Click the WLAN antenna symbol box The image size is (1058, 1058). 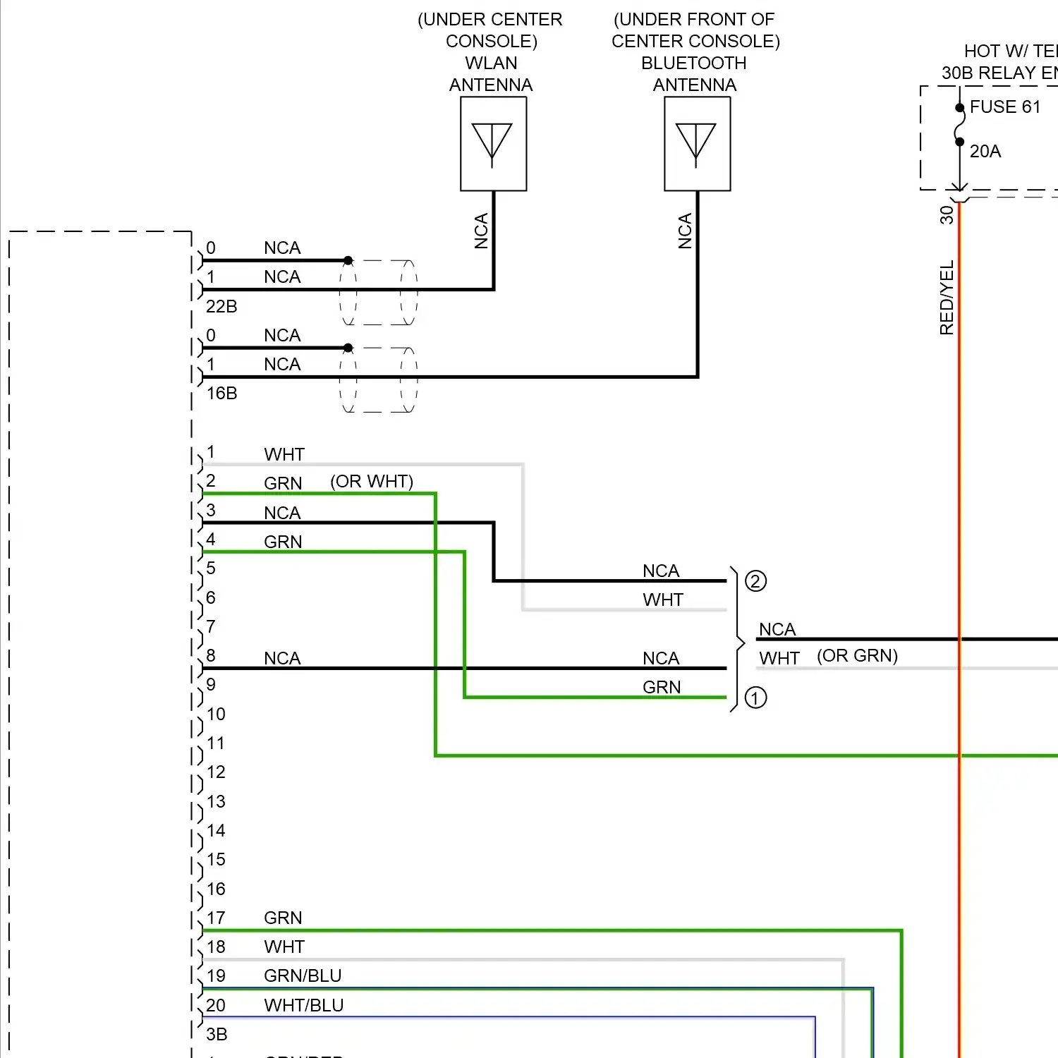(x=493, y=144)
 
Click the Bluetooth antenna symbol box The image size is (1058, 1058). (x=697, y=144)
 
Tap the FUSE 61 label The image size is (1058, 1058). (x=1004, y=107)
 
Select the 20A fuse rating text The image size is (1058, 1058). (x=985, y=152)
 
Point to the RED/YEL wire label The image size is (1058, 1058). (x=947, y=298)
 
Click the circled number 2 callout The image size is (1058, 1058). (x=755, y=581)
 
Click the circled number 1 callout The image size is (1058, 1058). (x=755, y=698)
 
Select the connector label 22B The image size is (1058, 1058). (x=221, y=307)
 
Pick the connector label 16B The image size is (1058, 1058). (x=221, y=394)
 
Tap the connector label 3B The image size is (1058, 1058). (x=217, y=1035)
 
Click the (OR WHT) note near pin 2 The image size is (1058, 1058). (x=372, y=482)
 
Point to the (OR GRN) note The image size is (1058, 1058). (x=857, y=656)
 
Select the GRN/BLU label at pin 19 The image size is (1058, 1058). (x=303, y=976)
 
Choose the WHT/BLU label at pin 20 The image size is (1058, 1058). (x=303, y=1006)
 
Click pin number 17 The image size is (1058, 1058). (x=216, y=918)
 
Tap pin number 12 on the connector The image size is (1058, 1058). (x=216, y=772)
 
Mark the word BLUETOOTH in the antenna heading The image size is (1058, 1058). (x=693, y=63)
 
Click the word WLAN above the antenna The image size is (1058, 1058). (x=491, y=63)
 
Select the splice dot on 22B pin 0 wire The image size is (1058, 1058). (x=348, y=260)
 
